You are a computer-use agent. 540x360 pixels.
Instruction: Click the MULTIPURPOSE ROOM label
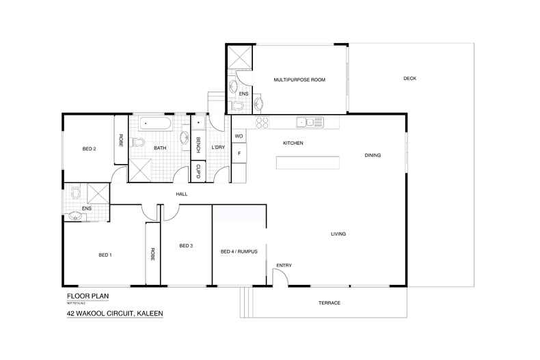[x=299, y=80]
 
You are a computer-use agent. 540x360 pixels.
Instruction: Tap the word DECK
[x=409, y=79]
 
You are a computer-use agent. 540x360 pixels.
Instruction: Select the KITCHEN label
[x=293, y=143]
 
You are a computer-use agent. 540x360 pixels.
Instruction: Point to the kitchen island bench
[x=308, y=163]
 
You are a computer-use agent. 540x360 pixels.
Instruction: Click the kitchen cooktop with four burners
[x=262, y=122]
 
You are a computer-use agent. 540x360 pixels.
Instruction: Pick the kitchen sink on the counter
[x=305, y=122]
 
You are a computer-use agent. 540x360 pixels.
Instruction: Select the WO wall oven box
[x=239, y=136]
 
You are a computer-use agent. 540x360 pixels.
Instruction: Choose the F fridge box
[x=239, y=154]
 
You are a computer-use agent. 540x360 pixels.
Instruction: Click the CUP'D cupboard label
[x=198, y=172]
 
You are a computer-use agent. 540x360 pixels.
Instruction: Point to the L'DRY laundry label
[x=218, y=148]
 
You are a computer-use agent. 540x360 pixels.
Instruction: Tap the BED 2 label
[x=89, y=148]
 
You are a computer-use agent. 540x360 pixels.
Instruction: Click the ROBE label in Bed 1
[x=152, y=254]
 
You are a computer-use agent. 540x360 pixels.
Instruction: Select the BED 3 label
[x=187, y=246]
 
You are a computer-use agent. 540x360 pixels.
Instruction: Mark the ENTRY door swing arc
[x=280, y=276]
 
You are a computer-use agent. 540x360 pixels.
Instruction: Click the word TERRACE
[x=329, y=303]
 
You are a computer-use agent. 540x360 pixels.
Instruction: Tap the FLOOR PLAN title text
[x=87, y=296]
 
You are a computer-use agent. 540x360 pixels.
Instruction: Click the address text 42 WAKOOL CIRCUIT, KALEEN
[x=114, y=314]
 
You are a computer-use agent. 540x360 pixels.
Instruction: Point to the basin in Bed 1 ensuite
[x=77, y=217]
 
